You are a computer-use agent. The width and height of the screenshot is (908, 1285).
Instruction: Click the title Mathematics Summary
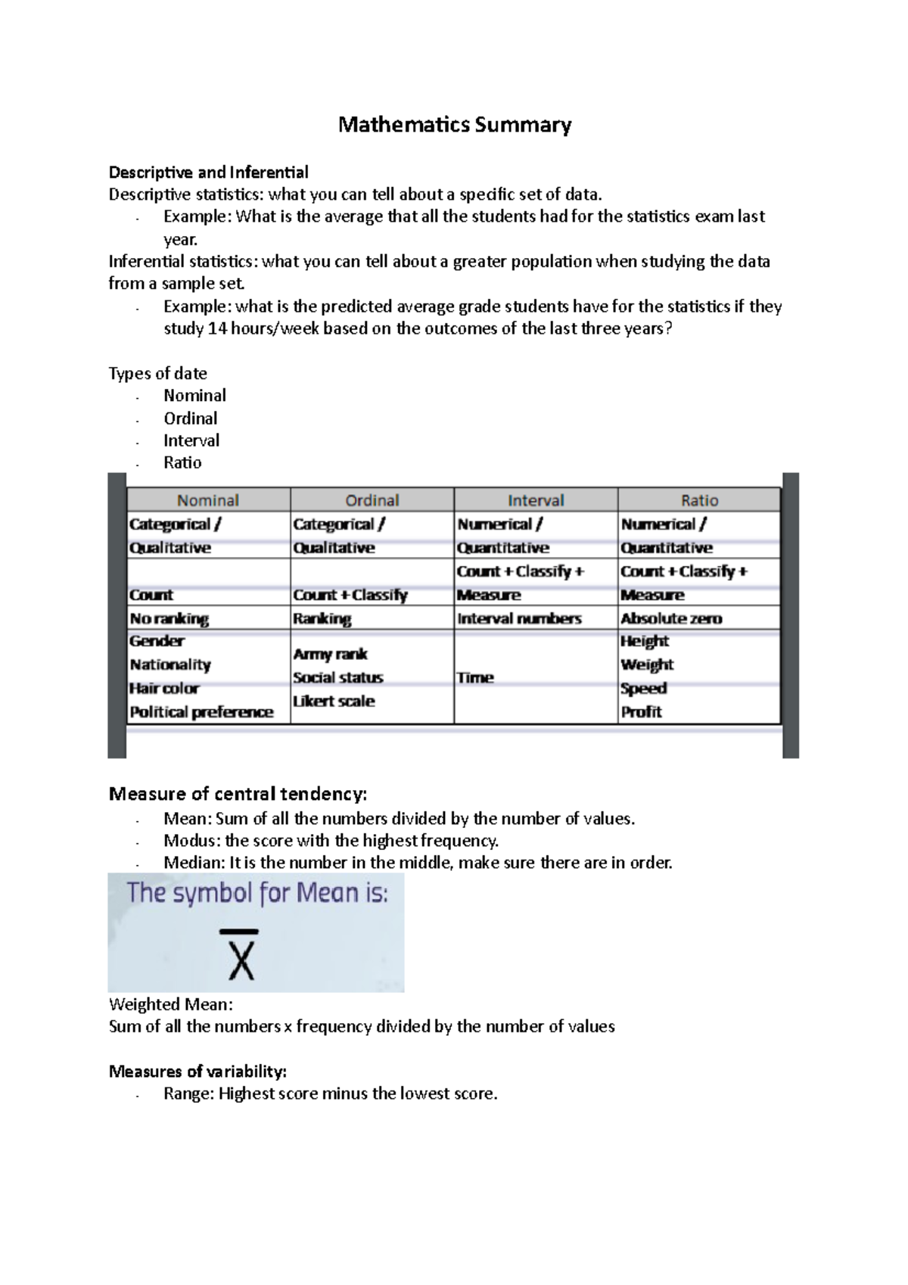[454, 124]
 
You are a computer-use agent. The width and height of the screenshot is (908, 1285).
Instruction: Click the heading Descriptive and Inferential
[209, 173]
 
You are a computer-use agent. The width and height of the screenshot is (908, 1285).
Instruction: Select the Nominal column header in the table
[208, 500]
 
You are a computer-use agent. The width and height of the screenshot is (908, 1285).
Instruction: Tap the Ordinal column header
[372, 500]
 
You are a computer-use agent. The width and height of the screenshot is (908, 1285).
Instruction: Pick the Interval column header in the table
[536, 500]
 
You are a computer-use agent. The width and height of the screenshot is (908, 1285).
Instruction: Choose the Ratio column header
[699, 500]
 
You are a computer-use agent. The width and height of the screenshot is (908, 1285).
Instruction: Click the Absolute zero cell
[671, 618]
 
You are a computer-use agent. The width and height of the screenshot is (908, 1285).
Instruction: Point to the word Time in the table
[475, 678]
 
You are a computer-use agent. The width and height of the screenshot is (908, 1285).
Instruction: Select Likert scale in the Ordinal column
[334, 702]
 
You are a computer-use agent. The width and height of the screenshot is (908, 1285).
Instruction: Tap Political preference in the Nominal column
[201, 712]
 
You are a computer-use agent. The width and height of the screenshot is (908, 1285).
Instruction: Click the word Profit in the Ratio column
[642, 712]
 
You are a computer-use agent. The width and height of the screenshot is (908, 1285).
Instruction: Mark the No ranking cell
[169, 618]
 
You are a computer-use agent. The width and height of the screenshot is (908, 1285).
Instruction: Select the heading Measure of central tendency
[238, 794]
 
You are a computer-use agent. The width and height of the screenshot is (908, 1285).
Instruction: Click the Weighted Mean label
[171, 1004]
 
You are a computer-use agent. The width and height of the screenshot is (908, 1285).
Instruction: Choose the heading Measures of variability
[197, 1072]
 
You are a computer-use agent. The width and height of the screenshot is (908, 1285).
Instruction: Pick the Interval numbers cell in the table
[519, 618]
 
